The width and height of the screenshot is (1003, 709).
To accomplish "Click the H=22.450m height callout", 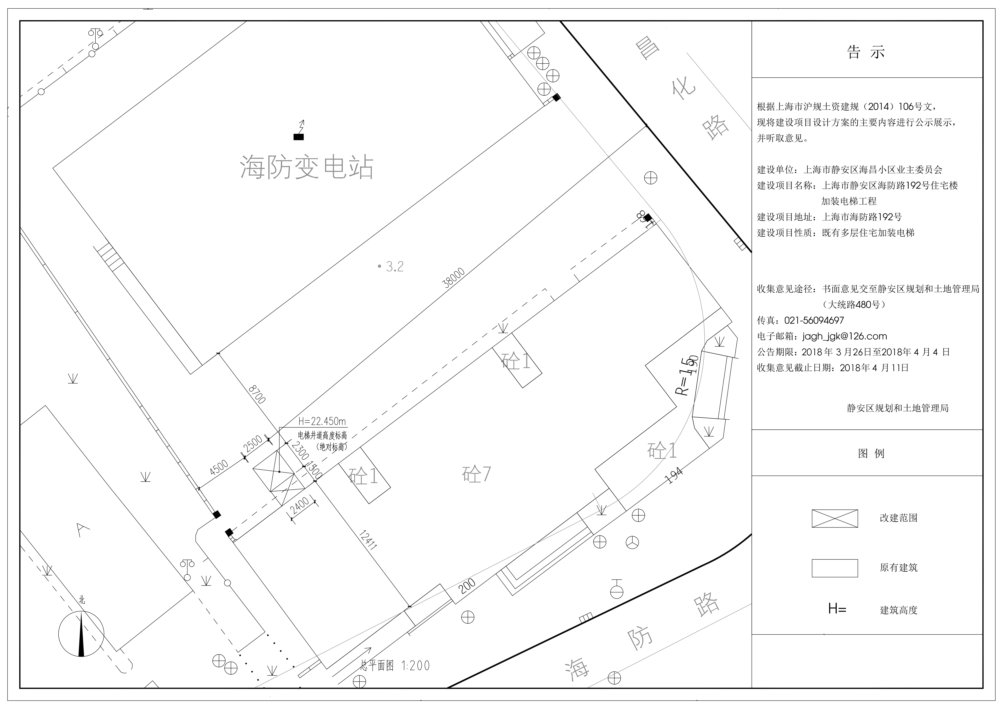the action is (322, 421).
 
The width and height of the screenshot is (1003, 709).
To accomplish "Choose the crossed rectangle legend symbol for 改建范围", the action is (835, 518).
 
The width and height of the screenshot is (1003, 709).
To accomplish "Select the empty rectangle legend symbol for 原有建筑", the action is (835, 568).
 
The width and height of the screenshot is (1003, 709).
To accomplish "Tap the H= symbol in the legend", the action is (837, 609).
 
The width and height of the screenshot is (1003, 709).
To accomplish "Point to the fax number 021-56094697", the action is (814, 320).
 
